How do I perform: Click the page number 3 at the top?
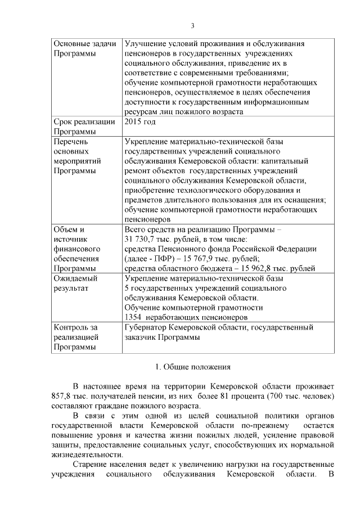click(x=192, y=26)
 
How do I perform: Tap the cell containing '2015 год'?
click(x=140, y=122)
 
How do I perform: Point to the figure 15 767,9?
click(x=208, y=259)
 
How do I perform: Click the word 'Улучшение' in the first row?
click(x=145, y=43)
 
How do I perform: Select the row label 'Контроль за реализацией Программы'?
click(x=76, y=337)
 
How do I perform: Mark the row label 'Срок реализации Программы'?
click(x=84, y=127)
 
